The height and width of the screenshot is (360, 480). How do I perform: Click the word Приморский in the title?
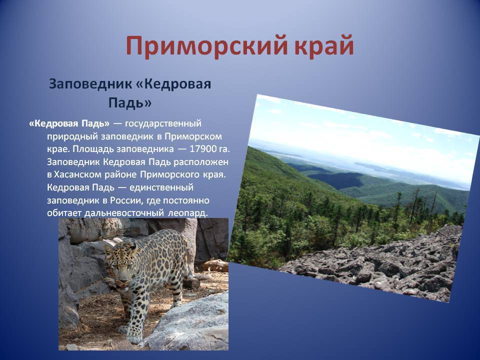(x=206, y=46)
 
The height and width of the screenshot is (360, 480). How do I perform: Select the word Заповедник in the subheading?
(x=89, y=84)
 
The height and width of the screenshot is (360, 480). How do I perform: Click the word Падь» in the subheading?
(x=130, y=102)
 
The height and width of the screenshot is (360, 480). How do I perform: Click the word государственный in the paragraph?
(x=163, y=123)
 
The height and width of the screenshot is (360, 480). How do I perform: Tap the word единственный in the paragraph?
(x=161, y=187)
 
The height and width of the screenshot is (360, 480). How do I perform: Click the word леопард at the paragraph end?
(x=187, y=213)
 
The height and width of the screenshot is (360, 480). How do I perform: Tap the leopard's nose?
(x=123, y=279)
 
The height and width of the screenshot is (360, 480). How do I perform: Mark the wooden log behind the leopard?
(x=215, y=265)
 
